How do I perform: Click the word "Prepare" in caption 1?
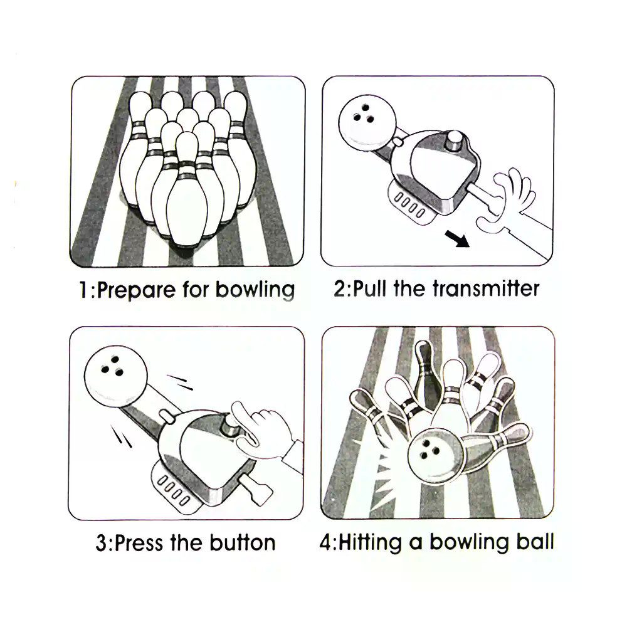136,290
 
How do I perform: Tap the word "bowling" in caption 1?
255,290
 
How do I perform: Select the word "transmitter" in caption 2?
486,288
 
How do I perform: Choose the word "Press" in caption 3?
139,543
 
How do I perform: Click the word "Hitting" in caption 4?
370,543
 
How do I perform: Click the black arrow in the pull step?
457,239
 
